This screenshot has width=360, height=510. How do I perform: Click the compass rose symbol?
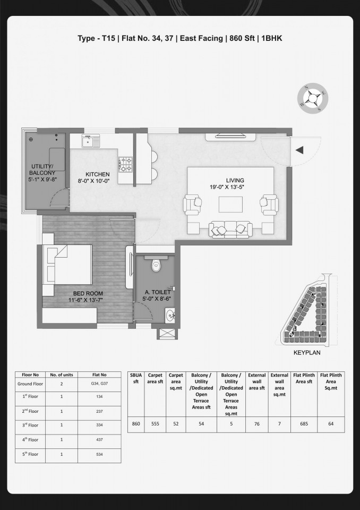pos(313,98)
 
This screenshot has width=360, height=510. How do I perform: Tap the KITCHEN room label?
pos(98,174)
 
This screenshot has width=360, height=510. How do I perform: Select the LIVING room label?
pos(235,181)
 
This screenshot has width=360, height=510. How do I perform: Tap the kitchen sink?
pos(88,141)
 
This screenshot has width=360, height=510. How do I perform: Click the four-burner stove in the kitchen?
pos(125,164)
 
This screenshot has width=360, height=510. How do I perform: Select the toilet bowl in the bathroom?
pos(157,265)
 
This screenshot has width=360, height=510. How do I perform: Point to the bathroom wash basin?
pos(170,315)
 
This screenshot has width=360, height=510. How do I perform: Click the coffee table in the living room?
pos(230,204)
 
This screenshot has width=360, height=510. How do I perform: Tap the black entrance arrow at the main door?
pos(299,150)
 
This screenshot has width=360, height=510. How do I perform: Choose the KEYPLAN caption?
pos(307,353)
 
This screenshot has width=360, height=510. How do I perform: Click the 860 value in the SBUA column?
pos(136,424)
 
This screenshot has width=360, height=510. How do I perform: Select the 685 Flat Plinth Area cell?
pos(304,424)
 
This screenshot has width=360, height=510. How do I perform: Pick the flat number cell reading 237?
pos(99,411)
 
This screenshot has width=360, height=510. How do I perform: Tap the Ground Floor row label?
pos(30,384)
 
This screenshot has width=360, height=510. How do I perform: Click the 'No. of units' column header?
pos(62,375)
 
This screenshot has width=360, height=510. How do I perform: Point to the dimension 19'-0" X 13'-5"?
pos(227,187)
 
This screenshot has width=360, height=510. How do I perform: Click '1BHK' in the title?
pos(271,38)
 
